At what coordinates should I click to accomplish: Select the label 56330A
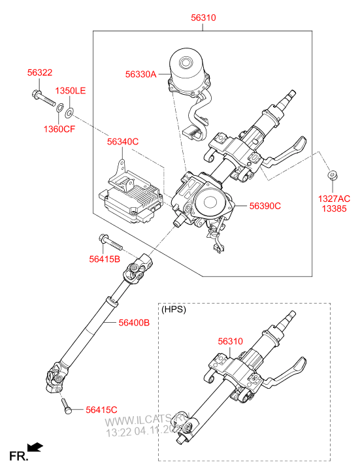point(141,74)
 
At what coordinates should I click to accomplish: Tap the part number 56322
point(41,72)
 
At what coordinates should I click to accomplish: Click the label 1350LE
point(70,90)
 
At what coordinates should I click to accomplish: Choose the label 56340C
point(123,141)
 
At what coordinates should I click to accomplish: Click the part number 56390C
point(265,206)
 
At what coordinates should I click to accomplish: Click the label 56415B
point(105,259)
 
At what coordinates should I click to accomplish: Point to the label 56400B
point(135,323)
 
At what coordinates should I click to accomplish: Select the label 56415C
point(101,410)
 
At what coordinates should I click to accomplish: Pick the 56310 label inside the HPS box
point(230,340)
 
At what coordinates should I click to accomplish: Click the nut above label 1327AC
point(332,175)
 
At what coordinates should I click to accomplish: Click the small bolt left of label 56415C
point(66,407)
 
